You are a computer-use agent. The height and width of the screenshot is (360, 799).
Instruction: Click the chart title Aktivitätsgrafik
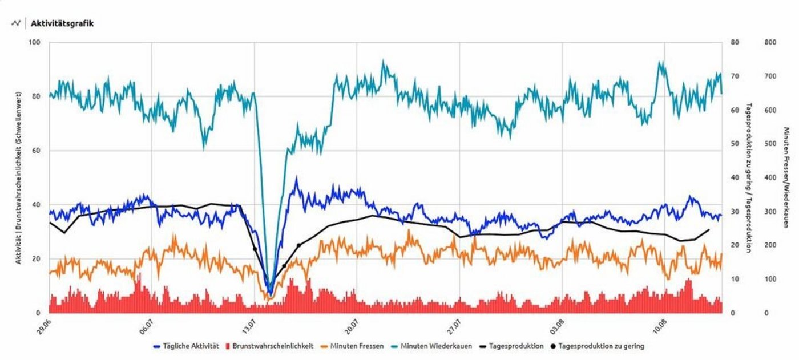coord(63,23)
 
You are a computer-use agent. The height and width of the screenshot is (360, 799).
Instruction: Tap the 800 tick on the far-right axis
coord(770,43)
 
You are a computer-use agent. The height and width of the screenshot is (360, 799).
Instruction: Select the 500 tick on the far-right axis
coord(770,144)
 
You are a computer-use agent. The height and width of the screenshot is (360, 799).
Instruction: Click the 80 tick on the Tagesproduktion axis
coord(735,43)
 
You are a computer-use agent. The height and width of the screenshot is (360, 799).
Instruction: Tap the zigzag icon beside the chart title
coord(16,23)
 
